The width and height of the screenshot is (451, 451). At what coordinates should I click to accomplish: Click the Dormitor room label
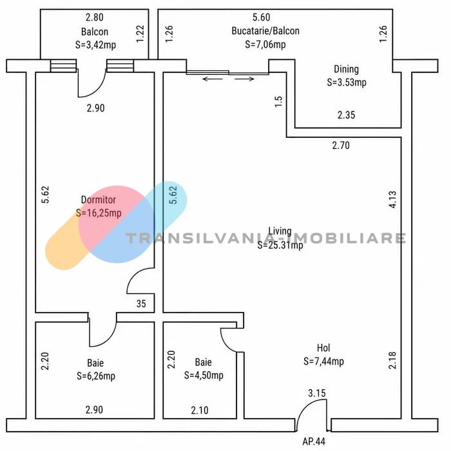tap(99, 200)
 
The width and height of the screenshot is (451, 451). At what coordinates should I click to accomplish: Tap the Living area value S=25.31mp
tap(280, 245)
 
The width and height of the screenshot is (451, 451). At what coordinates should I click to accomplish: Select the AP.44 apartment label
tap(314, 441)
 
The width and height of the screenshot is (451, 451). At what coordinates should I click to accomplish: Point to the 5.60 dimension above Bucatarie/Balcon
tap(261, 17)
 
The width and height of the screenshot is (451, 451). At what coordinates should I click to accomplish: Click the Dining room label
tap(347, 70)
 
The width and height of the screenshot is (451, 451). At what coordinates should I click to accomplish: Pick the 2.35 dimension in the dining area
tap(347, 115)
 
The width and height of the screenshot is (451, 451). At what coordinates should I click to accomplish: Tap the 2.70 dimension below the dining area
tap(341, 145)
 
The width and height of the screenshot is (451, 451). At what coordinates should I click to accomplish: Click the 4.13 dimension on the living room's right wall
tap(392, 199)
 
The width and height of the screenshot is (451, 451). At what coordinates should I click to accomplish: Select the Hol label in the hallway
tap(323, 348)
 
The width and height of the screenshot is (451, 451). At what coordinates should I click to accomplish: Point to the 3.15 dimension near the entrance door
tap(317, 393)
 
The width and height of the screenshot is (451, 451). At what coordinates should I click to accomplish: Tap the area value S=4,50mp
tap(204, 376)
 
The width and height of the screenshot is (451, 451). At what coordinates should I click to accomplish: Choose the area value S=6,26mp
tap(96, 376)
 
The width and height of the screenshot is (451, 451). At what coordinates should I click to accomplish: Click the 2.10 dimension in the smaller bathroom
tap(200, 410)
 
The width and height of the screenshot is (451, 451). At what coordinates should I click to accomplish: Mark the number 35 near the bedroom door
tap(141, 303)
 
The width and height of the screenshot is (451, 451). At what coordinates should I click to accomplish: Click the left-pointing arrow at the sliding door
tap(213, 79)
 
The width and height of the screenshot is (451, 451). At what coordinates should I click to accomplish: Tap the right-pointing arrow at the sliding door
tap(244, 79)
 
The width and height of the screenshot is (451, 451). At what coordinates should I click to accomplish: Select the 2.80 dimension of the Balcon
tap(95, 17)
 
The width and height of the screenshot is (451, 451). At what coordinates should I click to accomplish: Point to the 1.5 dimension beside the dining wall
tap(279, 102)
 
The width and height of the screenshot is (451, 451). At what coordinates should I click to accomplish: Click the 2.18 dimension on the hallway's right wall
tap(392, 360)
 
